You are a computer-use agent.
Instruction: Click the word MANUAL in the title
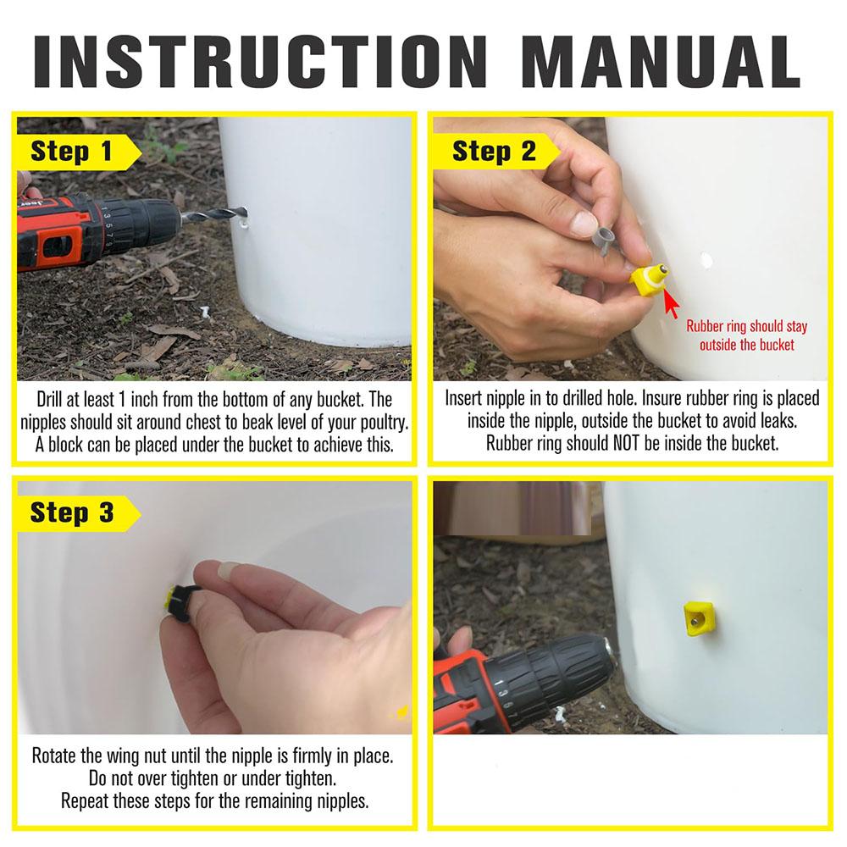[x=661, y=62]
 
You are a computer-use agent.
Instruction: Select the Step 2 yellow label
[x=495, y=152]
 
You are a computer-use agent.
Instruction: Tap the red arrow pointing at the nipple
[x=671, y=303]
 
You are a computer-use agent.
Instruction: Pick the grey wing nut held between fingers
[x=606, y=240]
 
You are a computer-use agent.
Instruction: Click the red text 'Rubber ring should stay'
[x=746, y=326]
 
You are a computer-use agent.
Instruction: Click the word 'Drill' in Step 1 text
[x=50, y=400]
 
